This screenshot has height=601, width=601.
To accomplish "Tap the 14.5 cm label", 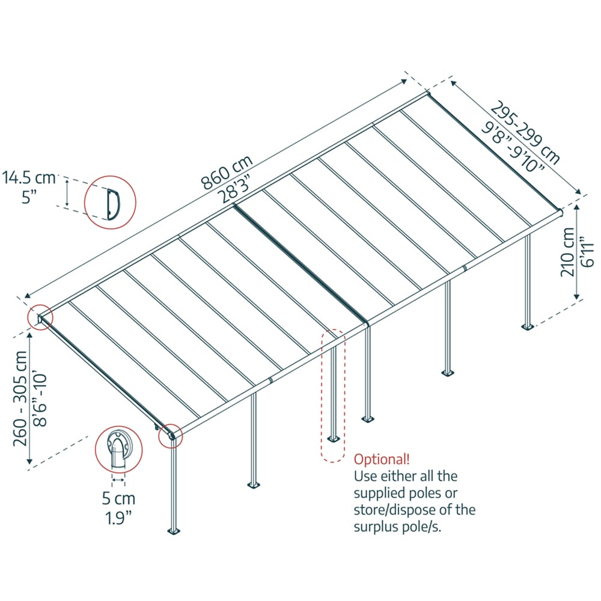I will pos(28,178).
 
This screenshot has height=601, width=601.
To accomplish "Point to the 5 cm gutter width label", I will pos(118,498).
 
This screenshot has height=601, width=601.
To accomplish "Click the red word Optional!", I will pos(382,460).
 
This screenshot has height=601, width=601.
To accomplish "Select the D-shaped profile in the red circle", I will pos(111,203).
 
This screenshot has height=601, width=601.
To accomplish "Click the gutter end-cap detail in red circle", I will pos(119,451).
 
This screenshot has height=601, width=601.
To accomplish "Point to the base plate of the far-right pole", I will pos(528,327).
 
